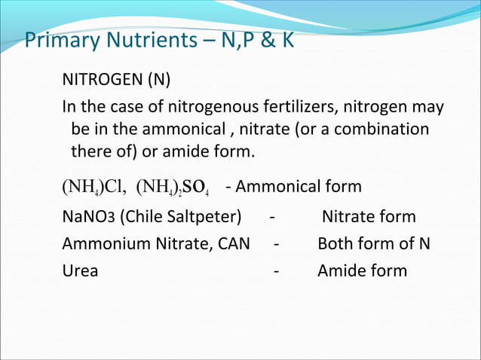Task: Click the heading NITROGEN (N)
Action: point(117,80)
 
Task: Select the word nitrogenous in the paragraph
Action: point(210,108)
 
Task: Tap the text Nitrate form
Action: point(369,218)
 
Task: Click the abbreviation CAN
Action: point(234,244)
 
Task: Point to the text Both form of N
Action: point(374,244)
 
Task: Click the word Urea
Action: point(80,270)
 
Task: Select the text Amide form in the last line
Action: point(362,270)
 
